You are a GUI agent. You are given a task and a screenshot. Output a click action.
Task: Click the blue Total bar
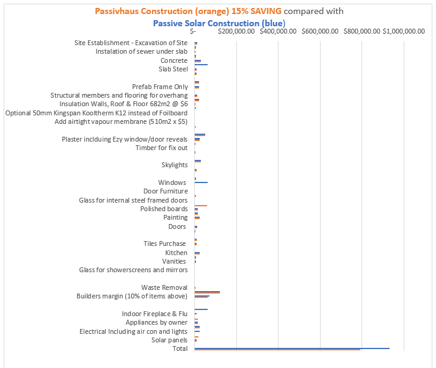tap(292, 348)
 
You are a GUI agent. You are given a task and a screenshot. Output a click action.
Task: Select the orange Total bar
tap(277, 350)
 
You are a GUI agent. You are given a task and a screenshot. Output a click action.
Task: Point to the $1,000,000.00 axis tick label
tap(404, 31)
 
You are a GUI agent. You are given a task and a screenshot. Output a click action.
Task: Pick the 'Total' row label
tap(180, 348)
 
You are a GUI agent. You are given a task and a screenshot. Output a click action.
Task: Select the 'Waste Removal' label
tap(164, 287)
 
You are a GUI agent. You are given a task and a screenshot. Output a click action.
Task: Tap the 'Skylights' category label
tap(175, 165)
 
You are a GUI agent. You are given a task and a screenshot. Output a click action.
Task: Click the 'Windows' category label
tap(172, 182)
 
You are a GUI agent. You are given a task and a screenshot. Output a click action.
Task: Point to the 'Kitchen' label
tap(176, 253)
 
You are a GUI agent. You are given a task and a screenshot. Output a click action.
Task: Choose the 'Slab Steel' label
tap(173, 69)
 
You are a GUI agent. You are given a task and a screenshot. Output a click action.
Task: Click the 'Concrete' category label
tap(174, 60)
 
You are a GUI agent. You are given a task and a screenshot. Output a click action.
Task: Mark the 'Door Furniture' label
tap(165, 191)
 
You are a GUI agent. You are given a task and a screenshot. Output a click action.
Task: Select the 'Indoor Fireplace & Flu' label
tap(154, 314)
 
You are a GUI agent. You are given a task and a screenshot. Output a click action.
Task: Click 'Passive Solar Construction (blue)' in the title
tap(219, 23)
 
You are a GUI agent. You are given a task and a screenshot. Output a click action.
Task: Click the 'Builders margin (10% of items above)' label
tap(132, 296)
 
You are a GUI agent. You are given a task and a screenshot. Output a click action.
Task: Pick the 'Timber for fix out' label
tap(161, 148)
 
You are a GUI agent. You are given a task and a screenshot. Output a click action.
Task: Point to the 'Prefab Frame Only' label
tap(160, 87)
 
